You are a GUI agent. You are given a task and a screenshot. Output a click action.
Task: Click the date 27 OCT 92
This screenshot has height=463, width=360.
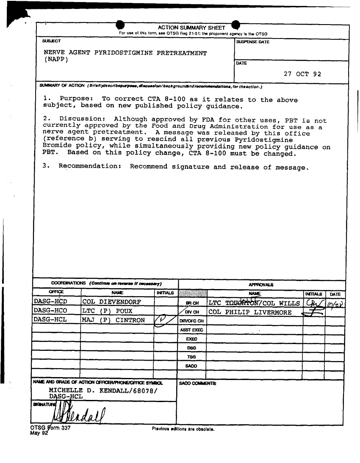click(x=302, y=74)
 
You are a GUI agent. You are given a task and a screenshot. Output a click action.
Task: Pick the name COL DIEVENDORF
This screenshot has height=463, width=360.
click(x=112, y=302)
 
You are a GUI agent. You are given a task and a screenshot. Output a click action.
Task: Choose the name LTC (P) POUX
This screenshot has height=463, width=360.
click(x=107, y=312)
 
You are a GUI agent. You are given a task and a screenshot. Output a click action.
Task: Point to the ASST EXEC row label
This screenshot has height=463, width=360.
click(x=193, y=330)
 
